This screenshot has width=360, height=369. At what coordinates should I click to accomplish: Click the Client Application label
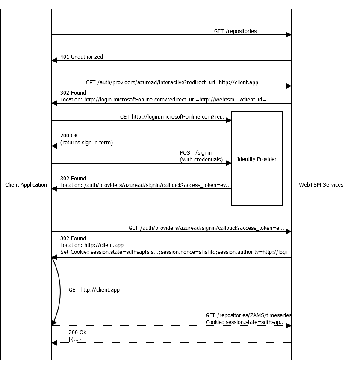[26, 185]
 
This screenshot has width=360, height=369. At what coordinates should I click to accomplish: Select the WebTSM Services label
[321, 185]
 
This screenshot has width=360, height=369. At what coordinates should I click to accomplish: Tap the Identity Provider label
[257, 159]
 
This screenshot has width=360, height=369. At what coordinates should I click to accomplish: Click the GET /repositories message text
[235, 31]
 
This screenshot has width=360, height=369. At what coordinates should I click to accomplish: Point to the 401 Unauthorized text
[81, 57]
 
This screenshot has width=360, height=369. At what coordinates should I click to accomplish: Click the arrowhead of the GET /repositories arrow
[289, 35]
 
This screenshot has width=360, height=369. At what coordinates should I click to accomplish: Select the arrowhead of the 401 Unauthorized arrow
[54, 60]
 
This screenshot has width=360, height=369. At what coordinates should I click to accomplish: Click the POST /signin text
[195, 153]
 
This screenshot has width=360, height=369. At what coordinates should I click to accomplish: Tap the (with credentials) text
[201, 160]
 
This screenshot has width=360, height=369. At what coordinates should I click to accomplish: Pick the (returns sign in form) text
[86, 143]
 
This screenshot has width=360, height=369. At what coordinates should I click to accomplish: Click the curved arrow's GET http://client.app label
[94, 290]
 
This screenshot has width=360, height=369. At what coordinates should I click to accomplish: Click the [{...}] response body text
[76, 339]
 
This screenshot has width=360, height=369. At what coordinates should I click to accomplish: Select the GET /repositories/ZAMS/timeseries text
[248, 315]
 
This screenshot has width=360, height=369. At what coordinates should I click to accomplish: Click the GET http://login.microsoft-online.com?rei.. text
[172, 117]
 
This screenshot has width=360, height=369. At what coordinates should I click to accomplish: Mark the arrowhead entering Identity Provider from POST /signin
[229, 163]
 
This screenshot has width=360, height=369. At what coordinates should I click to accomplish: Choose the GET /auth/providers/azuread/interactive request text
[172, 83]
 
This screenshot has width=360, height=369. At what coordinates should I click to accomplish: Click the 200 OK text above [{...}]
[77, 332]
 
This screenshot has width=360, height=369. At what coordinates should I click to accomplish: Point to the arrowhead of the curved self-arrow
[54, 323]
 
